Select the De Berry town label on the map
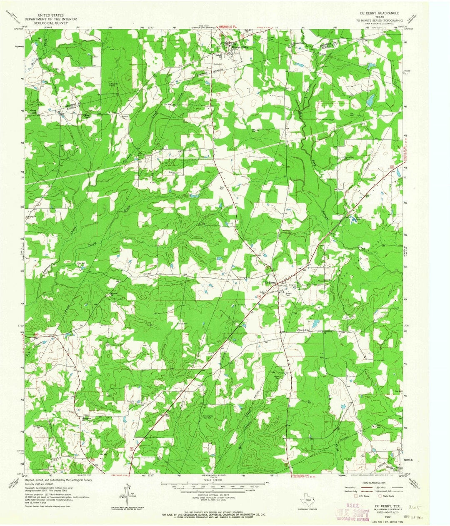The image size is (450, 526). [x=269, y=283]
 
